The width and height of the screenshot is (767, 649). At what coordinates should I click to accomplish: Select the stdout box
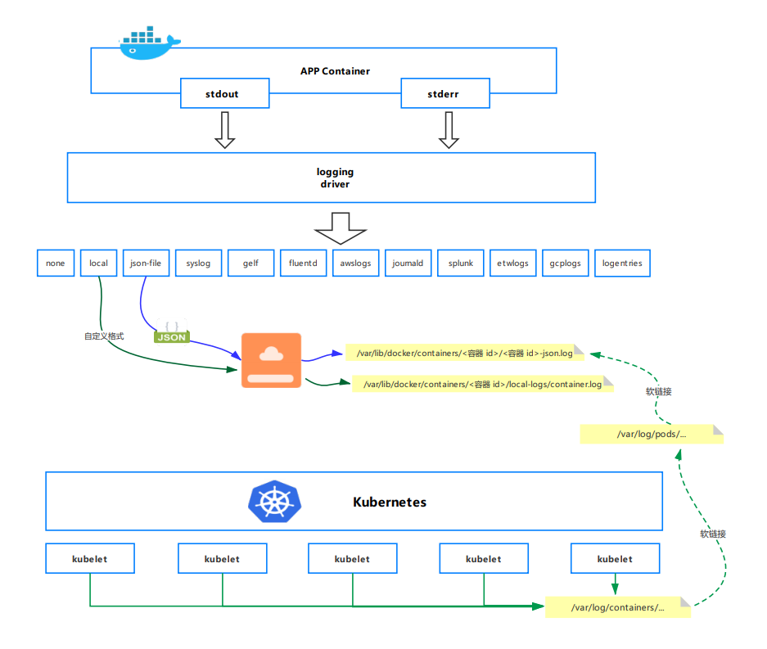click(x=223, y=93)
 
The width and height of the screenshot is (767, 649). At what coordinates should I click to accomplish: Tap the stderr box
click(x=444, y=93)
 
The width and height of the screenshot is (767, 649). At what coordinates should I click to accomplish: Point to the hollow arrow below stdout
click(x=224, y=130)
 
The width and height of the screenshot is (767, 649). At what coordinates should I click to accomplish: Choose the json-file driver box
click(x=146, y=264)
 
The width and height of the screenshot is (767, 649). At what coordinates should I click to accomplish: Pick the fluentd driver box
click(x=303, y=264)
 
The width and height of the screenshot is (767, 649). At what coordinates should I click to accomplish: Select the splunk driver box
click(x=460, y=264)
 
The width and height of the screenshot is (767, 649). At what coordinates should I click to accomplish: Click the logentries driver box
click(x=622, y=264)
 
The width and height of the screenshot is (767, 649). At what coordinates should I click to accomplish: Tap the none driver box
click(x=56, y=264)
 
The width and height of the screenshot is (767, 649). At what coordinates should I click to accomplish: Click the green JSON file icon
click(x=171, y=331)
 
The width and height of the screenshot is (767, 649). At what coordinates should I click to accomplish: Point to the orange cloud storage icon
click(x=271, y=360)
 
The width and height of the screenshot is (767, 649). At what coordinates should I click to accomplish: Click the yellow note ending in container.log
click(x=482, y=384)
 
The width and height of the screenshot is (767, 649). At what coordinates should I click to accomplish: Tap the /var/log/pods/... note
click(x=652, y=434)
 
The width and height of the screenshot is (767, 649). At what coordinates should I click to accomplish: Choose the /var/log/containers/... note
click(x=618, y=607)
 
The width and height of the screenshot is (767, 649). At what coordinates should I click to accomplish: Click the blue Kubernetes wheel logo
click(x=274, y=501)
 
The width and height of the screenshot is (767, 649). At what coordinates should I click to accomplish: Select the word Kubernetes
click(x=389, y=502)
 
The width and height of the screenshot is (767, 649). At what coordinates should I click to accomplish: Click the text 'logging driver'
click(x=335, y=178)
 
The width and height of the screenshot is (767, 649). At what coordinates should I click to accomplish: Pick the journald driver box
click(x=408, y=264)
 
